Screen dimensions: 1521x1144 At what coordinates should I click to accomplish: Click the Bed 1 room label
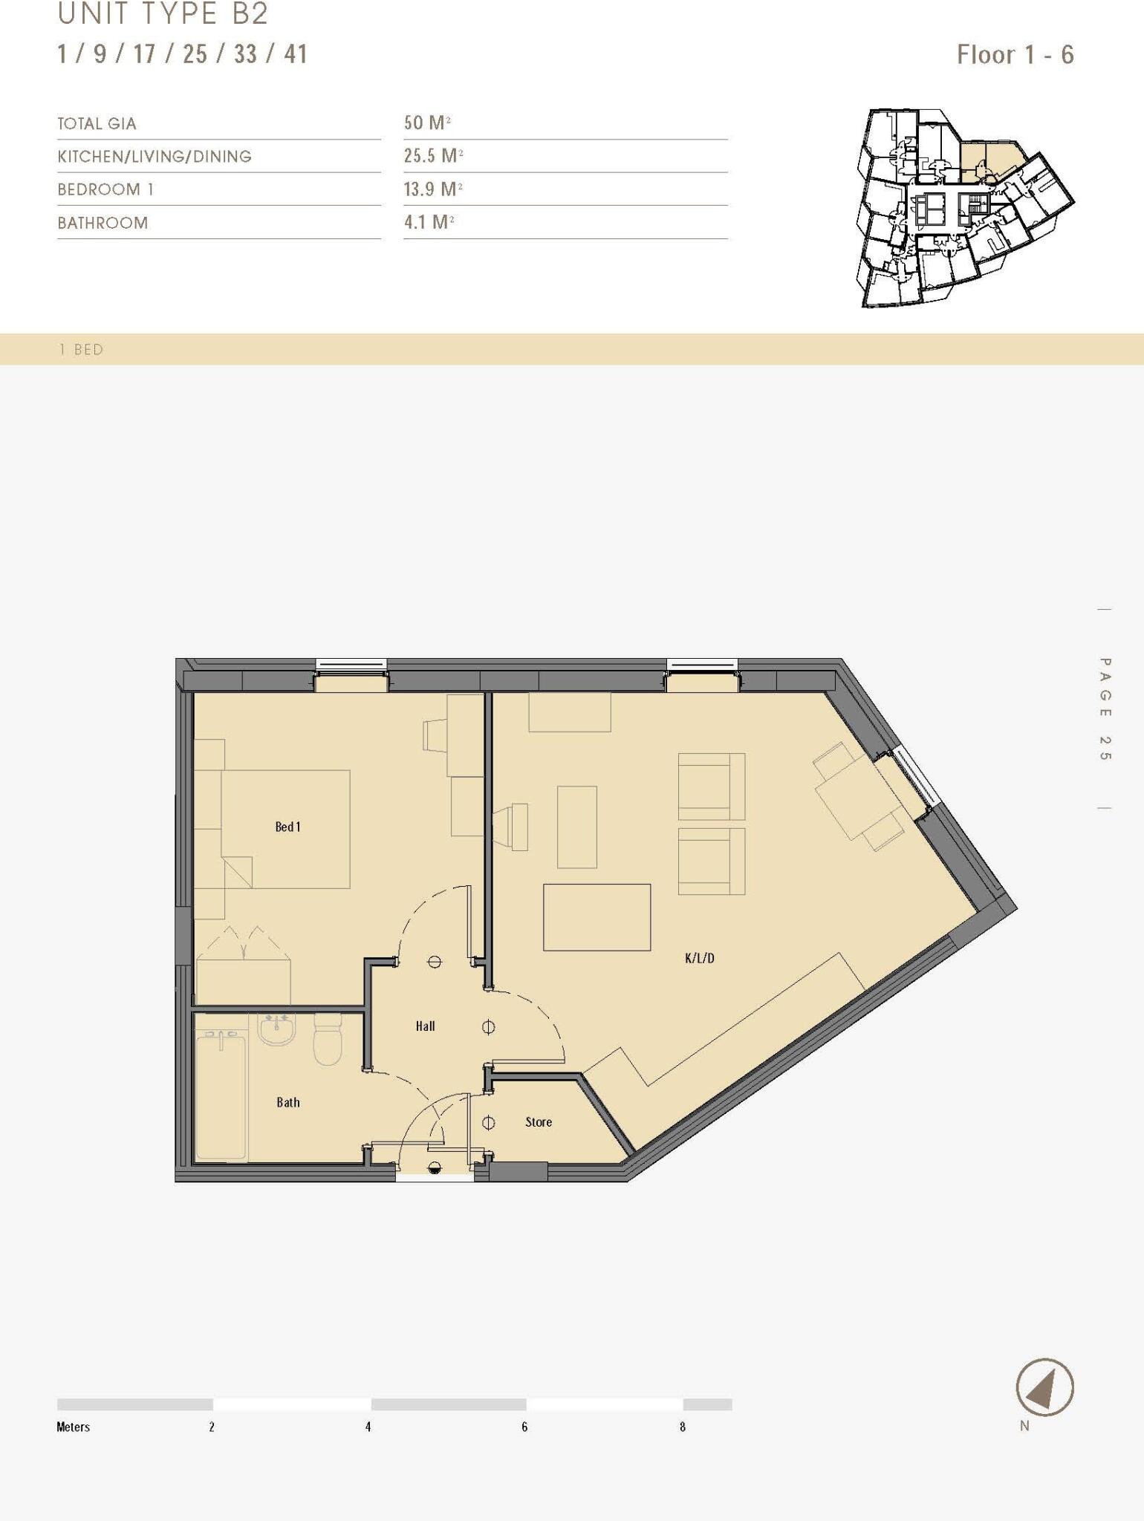[287, 827]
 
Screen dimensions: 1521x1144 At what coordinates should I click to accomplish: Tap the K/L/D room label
[699, 958]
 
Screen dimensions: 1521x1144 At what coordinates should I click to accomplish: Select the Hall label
[425, 1026]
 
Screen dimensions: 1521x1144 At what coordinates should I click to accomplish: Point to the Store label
[538, 1121]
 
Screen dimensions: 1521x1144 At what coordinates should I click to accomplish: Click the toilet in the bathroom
[328, 1039]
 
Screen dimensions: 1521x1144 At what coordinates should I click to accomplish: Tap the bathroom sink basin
[276, 1029]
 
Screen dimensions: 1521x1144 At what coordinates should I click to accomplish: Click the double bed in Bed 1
[286, 829]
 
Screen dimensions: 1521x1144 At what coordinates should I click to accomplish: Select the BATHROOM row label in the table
[103, 223]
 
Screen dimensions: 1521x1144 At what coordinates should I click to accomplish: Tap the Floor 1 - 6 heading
[1015, 55]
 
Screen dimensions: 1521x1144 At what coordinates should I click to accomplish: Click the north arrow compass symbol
[1044, 1387]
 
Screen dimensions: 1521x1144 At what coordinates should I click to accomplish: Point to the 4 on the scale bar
[368, 1427]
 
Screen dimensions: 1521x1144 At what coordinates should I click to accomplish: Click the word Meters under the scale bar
[73, 1427]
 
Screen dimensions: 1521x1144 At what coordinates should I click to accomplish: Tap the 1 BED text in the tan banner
[81, 350]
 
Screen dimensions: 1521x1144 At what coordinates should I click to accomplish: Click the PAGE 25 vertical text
[1105, 709]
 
